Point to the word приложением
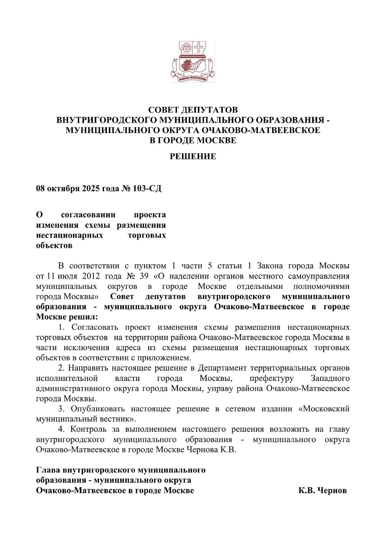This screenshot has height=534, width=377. click(170, 357)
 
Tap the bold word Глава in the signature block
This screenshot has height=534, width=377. click(48, 470)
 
